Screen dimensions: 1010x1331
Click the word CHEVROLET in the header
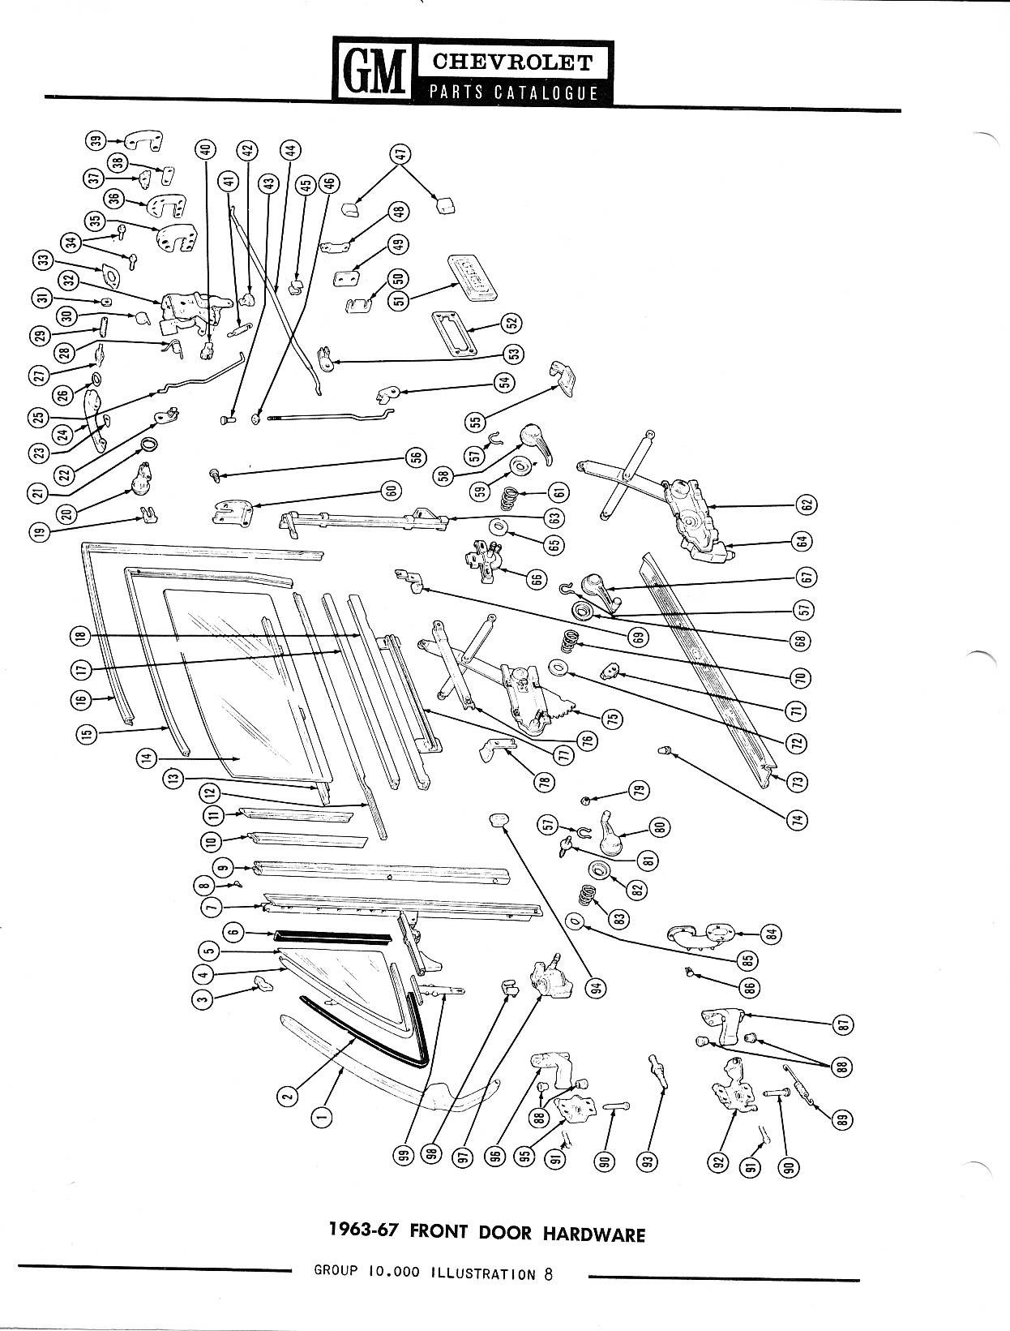click(x=512, y=63)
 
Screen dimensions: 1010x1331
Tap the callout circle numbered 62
click(x=807, y=504)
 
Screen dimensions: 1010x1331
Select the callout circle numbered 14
click(x=147, y=758)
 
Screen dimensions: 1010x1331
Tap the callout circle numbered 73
click(x=799, y=782)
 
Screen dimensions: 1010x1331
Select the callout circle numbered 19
click(x=40, y=533)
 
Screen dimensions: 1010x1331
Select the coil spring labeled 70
click(x=567, y=642)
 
